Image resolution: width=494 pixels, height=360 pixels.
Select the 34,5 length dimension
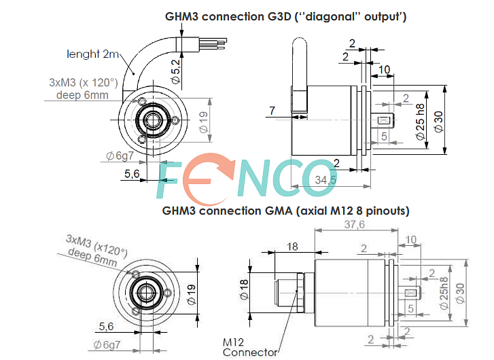point(326,179)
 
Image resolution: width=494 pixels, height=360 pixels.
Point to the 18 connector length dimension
point(293,247)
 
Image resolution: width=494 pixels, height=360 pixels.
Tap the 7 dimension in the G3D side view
point(272,111)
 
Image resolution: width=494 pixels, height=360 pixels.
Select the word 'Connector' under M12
point(250,352)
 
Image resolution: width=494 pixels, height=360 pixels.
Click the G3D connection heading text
point(285,16)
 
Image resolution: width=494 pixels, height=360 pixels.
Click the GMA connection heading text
point(285,211)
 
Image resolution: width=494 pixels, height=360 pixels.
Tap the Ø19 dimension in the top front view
point(203,121)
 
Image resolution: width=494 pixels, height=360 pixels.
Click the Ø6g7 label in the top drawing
point(120,156)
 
